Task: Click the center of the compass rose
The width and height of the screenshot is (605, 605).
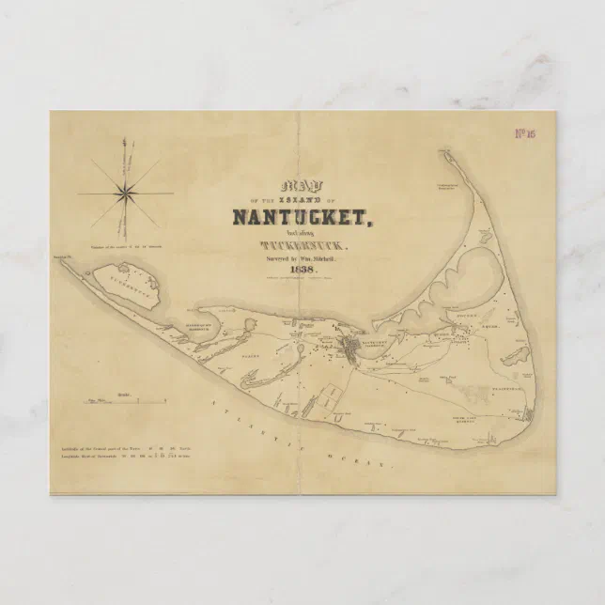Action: pos(124,193)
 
